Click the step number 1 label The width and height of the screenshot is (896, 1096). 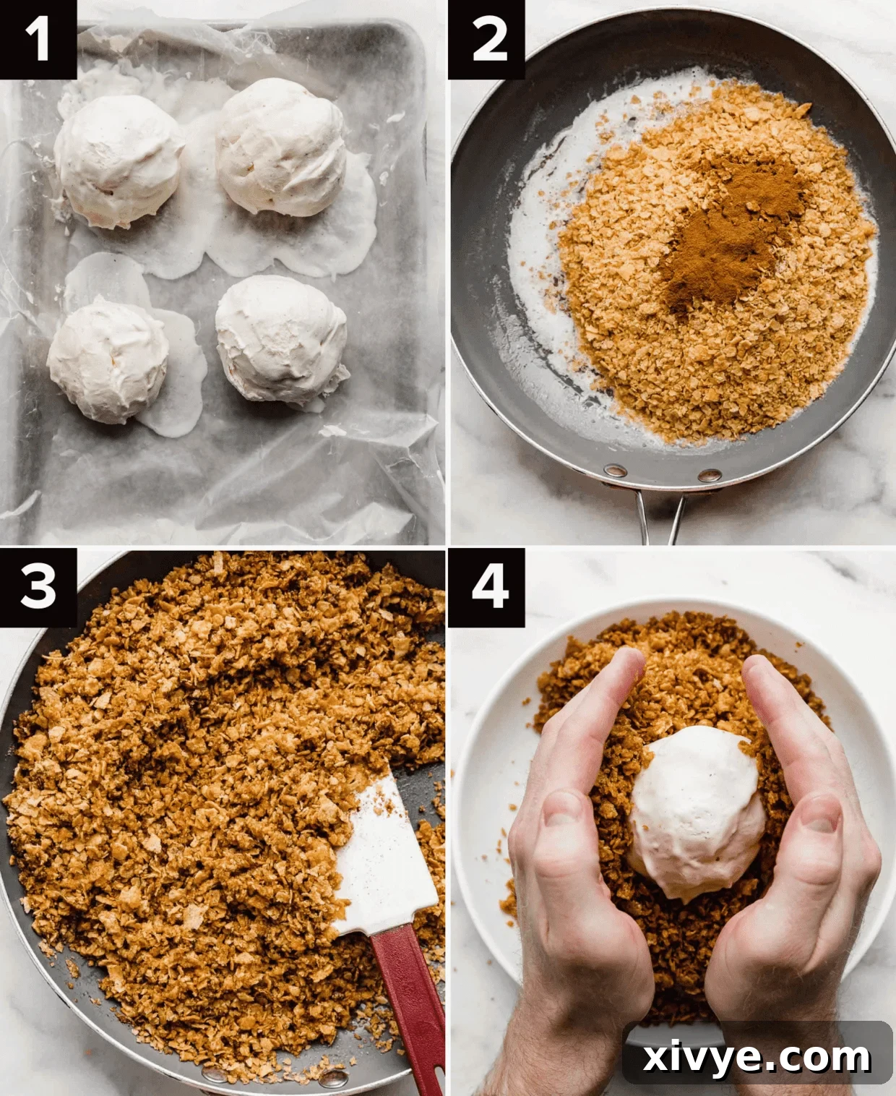click(38, 39)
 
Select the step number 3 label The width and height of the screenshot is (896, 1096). click(38, 586)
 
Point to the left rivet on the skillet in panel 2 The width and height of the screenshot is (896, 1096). click(615, 471)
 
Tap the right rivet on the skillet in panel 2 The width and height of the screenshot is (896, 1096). click(709, 475)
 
